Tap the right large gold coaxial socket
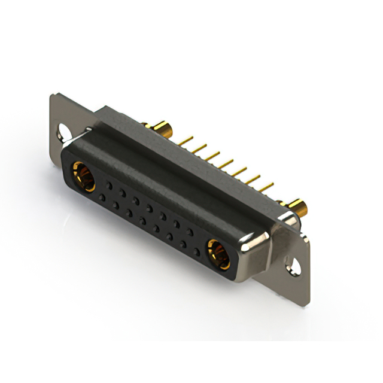(x=218, y=253)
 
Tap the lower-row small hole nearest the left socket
(x=102, y=197)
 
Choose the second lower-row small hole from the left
(x=115, y=204)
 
